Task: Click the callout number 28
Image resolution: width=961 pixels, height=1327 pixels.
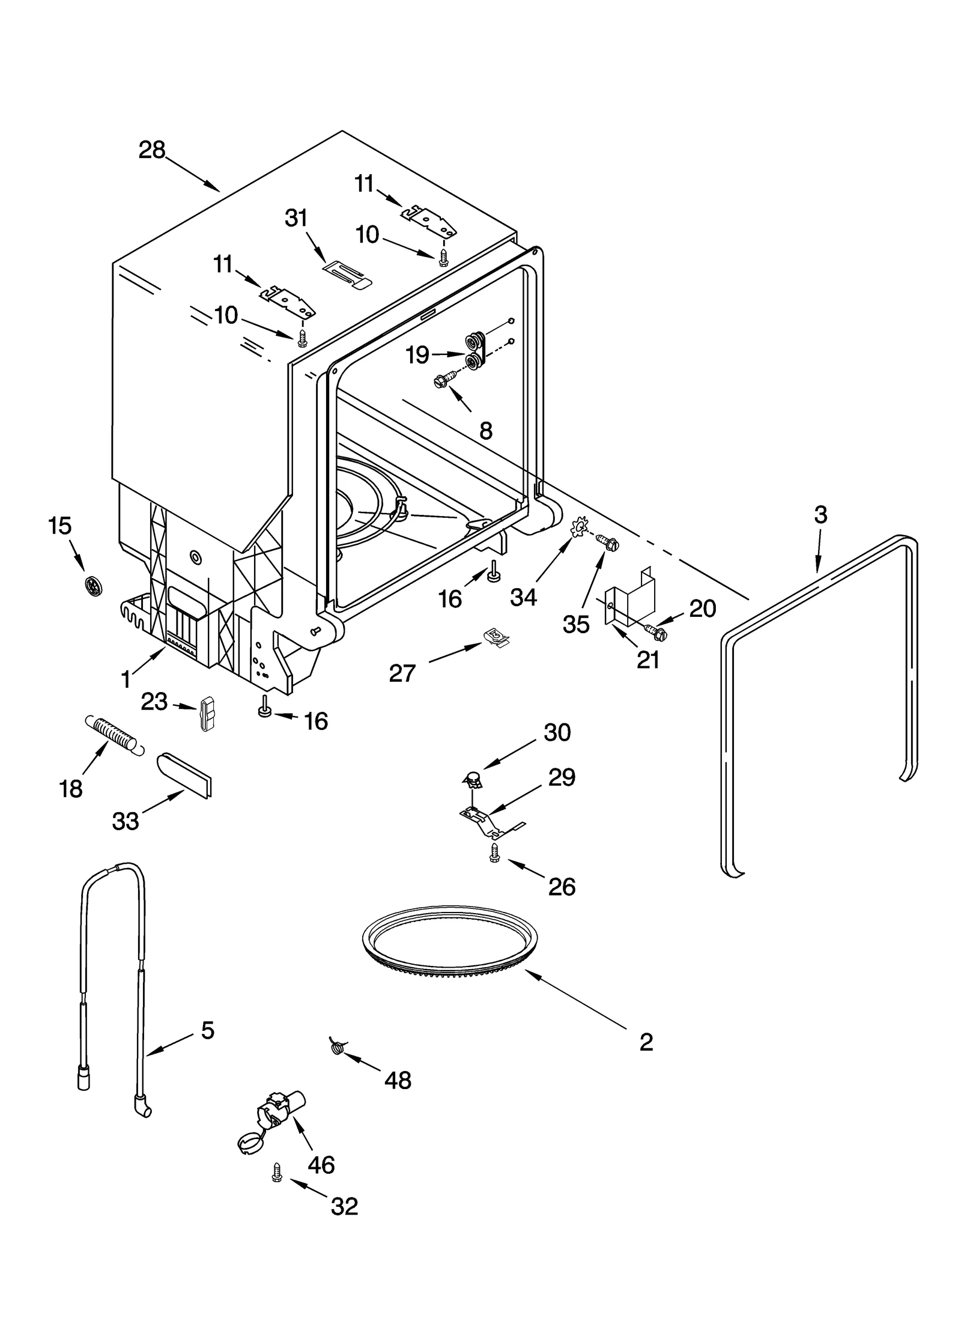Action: pyautogui.click(x=151, y=150)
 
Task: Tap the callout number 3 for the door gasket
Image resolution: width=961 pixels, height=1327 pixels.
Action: pyautogui.click(x=820, y=515)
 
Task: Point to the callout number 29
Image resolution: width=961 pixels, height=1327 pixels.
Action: pyautogui.click(x=562, y=777)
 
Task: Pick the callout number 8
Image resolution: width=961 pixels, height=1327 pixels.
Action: pyautogui.click(x=485, y=430)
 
